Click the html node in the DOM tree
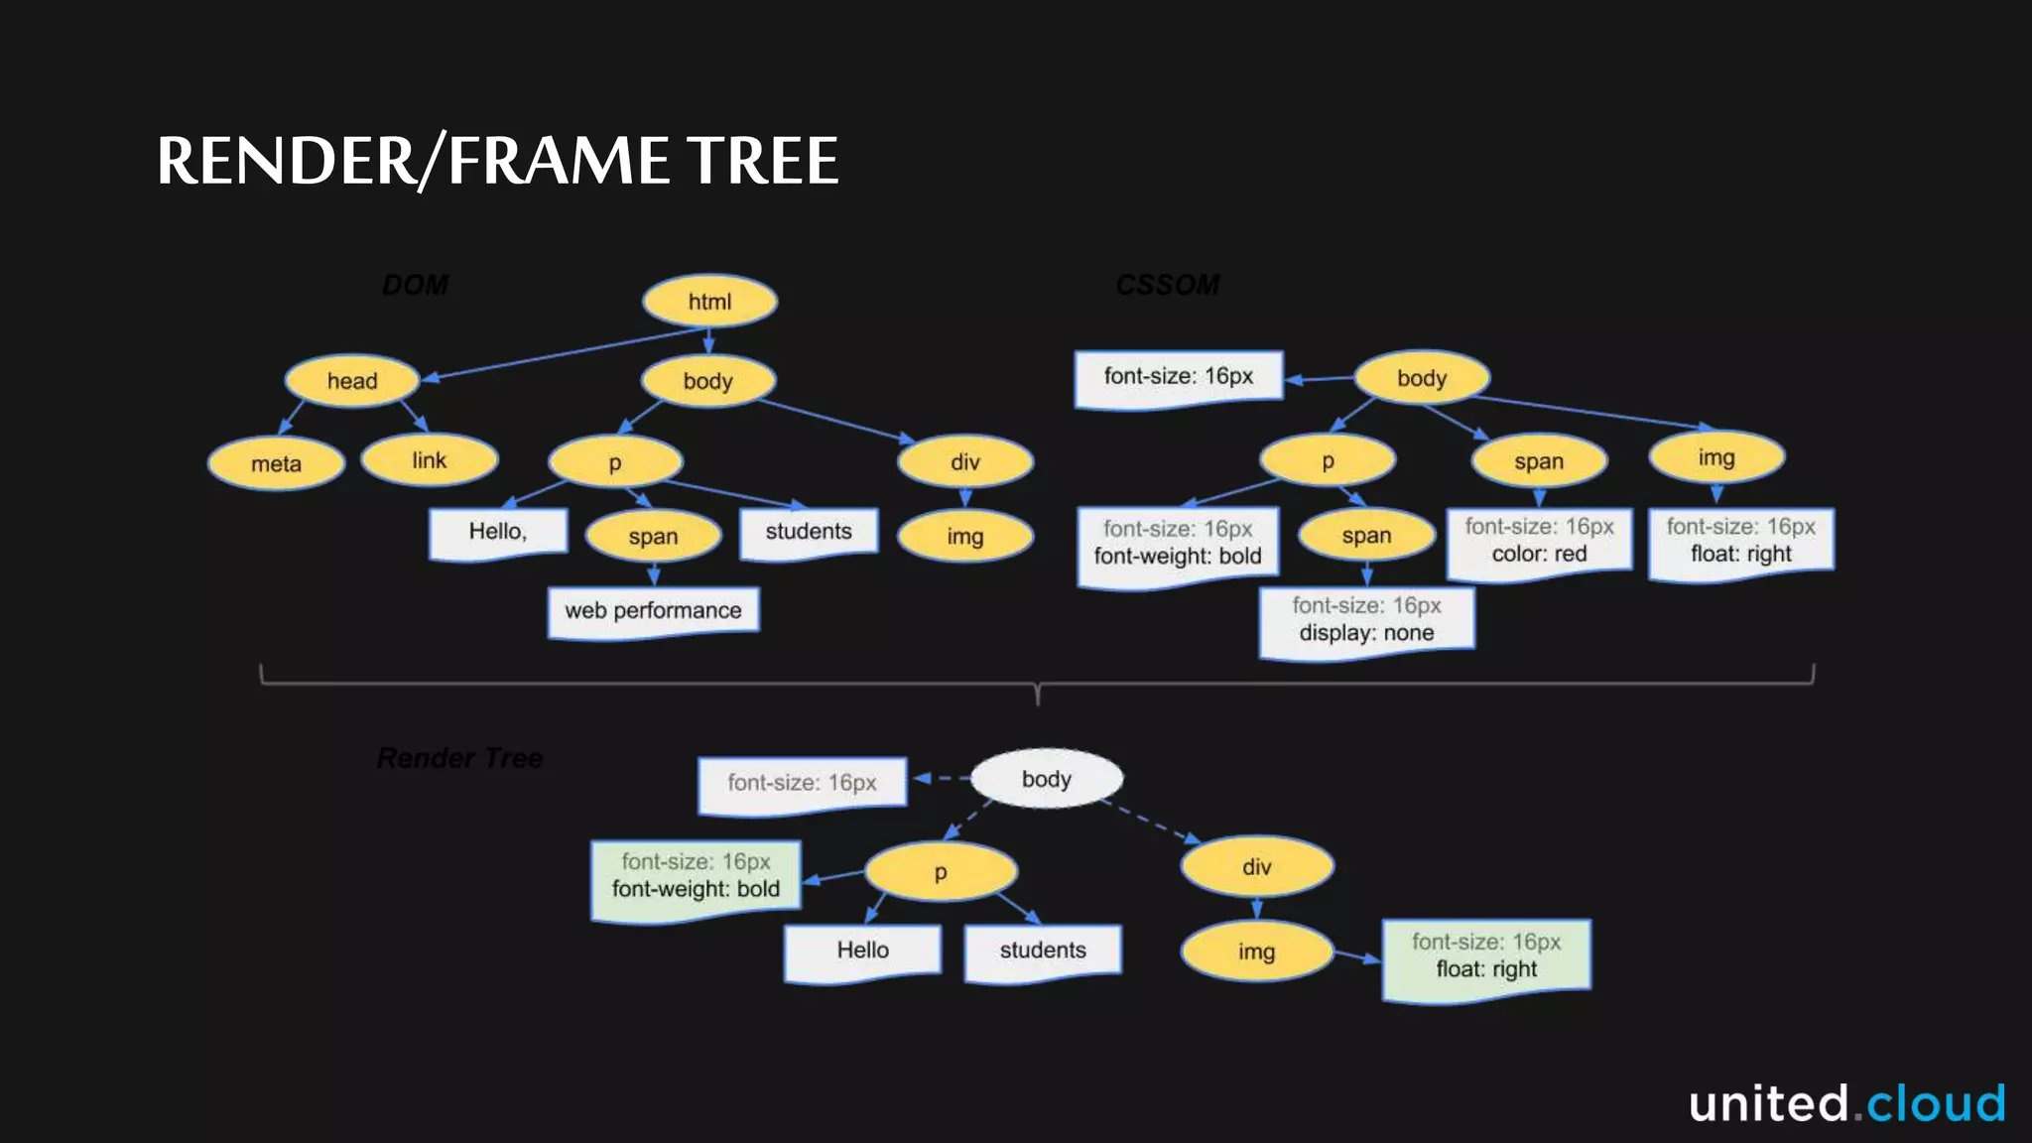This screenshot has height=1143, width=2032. (x=709, y=302)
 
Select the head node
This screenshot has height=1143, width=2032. (x=352, y=381)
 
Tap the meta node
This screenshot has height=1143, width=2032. (x=276, y=463)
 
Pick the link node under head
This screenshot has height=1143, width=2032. (x=429, y=460)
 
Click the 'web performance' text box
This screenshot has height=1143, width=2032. (x=653, y=611)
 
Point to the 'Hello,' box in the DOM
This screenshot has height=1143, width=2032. (x=498, y=533)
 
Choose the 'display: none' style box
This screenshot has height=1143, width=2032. (x=1366, y=621)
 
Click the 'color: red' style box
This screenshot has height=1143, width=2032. (x=1539, y=542)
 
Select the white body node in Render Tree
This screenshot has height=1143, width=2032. (x=1046, y=779)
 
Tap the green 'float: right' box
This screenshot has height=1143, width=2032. (x=1486, y=957)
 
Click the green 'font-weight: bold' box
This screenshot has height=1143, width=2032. (x=696, y=878)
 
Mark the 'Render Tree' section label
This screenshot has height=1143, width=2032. (x=460, y=758)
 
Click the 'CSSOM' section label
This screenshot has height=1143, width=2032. (x=1168, y=286)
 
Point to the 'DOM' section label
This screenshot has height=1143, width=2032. (x=416, y=286)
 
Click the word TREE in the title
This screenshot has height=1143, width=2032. (x=764, y=161)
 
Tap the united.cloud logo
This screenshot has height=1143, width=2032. (x=1846, y=1103)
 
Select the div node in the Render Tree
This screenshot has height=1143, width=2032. (x=1256, y=867)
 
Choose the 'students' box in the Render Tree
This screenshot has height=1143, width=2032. (x=1043, y=952)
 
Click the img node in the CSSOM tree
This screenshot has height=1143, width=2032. (x=1716, y=457)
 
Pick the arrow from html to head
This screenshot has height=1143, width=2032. (x=556, y=354)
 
